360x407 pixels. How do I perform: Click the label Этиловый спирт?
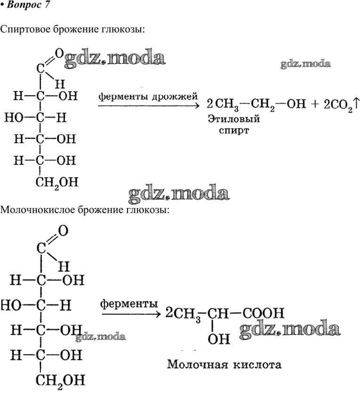click(x=234, y=124)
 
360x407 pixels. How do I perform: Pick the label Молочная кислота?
click(x=224, y=365)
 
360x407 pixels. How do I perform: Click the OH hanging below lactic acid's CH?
click(x=219, y=338)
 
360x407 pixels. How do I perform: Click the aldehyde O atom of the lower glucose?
click(x=63, y=231)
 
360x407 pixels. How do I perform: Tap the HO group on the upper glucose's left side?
click(x=14, y=118)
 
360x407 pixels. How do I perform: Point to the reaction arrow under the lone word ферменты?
click(x=129, y=313)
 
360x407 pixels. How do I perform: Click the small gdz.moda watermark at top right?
click(x=305, y=64)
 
